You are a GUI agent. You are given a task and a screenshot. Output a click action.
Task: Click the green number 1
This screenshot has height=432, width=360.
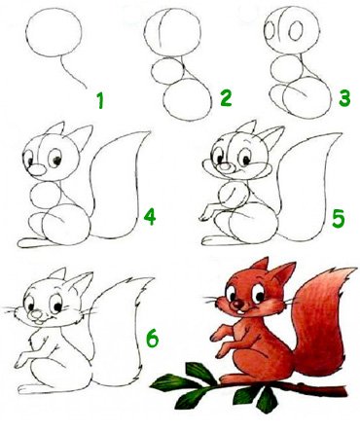coord(100,100)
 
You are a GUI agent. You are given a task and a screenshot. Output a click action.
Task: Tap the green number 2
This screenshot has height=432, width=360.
coord(226,98)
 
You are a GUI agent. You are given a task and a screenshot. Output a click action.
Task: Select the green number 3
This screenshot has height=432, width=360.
coord(344,98)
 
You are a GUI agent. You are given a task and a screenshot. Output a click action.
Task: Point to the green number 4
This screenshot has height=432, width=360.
coord(150,217)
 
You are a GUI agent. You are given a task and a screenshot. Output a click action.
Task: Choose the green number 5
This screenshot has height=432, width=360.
coord(339,219)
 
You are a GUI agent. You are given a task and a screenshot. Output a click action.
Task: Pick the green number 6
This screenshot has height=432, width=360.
coord(152,339)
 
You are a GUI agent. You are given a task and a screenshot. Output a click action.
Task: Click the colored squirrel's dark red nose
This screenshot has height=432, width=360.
coord(238,304)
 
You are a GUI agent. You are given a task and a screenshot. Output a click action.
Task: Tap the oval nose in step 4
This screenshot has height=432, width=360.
coord(36,169)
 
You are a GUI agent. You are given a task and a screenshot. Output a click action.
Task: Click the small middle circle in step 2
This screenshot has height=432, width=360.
coord(167,71)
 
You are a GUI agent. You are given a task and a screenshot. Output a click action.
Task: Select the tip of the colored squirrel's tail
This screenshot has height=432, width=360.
coord(356,269)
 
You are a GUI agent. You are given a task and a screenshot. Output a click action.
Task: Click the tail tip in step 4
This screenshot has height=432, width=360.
coord(150,131)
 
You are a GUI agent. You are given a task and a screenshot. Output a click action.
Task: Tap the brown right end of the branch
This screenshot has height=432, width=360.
coord(344,391)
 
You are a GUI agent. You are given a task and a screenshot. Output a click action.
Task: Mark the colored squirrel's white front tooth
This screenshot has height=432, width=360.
coord(239,311)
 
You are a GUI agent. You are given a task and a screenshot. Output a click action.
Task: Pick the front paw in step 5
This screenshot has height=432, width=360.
coord(206,215)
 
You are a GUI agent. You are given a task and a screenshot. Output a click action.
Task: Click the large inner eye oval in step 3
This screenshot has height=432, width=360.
coord(296,30)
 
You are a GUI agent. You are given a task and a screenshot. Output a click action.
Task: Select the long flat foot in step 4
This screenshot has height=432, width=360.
coord(32,242)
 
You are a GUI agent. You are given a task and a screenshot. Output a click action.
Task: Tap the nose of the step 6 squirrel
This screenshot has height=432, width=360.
coord(36,314)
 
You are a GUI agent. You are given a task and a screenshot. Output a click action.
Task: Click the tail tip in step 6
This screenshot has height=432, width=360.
coord(152,278)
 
